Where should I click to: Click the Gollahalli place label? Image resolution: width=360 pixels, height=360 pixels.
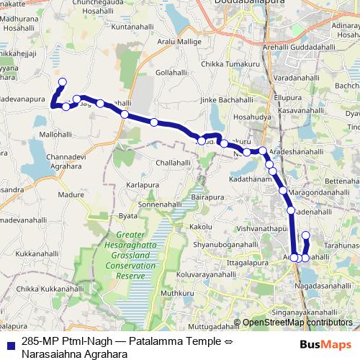(171, 73)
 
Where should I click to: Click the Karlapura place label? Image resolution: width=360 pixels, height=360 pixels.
(142, 185)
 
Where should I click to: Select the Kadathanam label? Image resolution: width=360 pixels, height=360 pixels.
(249, 177)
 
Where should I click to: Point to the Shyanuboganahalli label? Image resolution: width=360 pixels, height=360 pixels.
(224, 246)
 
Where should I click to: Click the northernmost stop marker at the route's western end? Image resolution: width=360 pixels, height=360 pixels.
(62, 81)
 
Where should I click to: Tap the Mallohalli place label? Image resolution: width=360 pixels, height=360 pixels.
(55, 134)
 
